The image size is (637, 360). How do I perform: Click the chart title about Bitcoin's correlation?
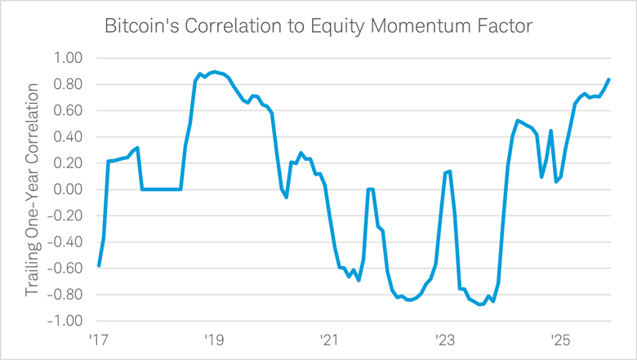tap(318, 27)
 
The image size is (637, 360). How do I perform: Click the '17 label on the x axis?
tap(99, 339)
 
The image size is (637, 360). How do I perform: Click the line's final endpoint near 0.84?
tap(609, 79)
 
